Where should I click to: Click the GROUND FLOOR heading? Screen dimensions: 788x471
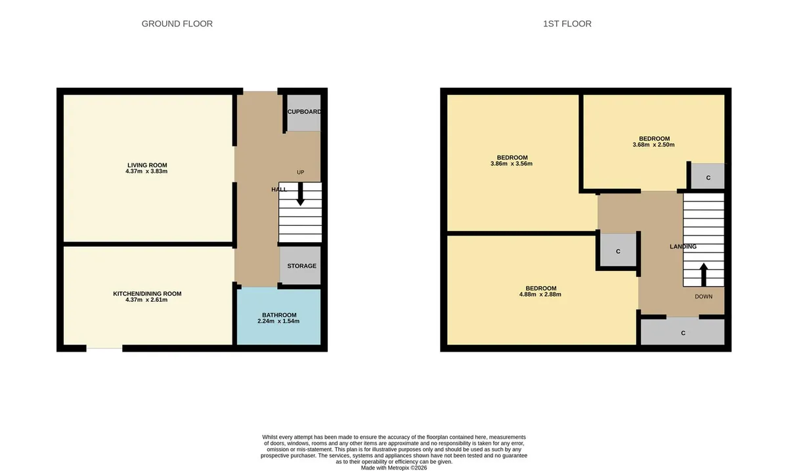point(177,24)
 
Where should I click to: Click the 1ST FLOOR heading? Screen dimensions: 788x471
point(567,24)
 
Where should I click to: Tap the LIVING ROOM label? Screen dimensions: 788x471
point(147,165)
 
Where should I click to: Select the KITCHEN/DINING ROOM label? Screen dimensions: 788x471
point(147,294)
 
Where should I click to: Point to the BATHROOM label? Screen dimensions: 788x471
point(279,316)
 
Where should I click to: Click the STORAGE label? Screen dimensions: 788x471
point(301,266)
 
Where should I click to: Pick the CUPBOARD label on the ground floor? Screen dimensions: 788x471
point(304,112)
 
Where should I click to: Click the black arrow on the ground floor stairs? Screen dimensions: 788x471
point(301,194)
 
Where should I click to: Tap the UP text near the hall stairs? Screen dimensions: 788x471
point(301,173)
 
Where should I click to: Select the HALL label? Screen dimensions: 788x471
point(279,190)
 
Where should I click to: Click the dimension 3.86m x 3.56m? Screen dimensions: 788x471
point(511,164)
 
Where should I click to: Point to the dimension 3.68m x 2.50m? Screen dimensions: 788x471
point(653,145)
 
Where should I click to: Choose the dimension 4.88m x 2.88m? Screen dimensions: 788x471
point(540,295)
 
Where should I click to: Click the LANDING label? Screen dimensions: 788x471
point(683,247)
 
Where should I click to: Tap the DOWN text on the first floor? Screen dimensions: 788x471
point(703,297)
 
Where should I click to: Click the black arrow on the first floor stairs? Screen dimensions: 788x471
point(703,274)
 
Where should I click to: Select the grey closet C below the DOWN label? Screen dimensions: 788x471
point(682,331)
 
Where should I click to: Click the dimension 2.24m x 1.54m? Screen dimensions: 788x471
point(278,321)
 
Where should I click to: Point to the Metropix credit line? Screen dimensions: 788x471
point(393,468)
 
